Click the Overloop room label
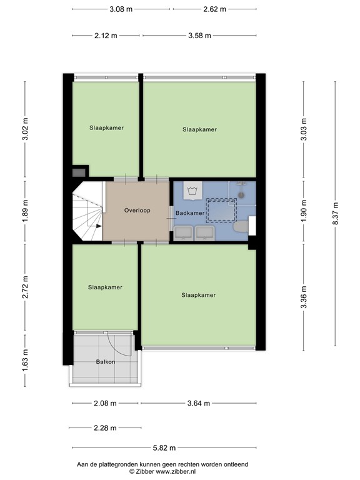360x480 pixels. coord(137,211)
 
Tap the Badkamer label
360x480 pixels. coord(189,213)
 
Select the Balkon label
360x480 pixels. coord(105,362)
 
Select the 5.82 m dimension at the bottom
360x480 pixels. coord(164,447)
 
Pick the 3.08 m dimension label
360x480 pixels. coord(121,9)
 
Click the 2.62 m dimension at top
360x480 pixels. coord(214,9)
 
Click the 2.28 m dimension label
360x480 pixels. coord(104,427)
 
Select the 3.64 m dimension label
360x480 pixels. coord(198,403)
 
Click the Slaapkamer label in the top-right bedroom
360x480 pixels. coord(199,129)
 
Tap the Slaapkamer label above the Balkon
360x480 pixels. coord(105,287)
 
